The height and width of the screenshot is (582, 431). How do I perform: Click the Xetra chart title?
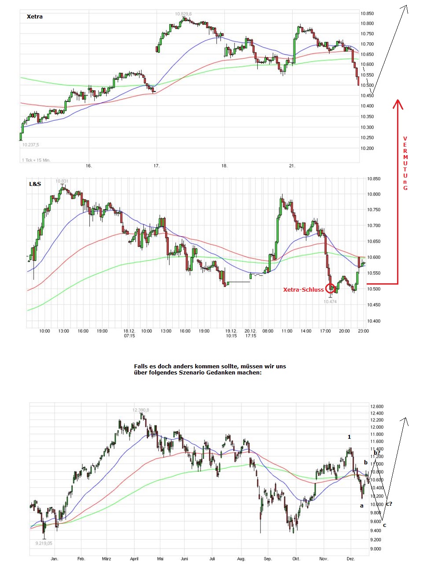(x=35, y=17)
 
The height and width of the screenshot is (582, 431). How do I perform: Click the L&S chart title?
(x=35, y=184)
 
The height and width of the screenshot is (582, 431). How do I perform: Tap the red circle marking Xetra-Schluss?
(x=330, y=289)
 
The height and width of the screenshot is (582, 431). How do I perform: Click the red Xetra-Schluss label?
(x=303, y=289)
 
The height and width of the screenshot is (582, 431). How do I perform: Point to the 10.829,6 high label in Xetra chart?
(x=183, y=14)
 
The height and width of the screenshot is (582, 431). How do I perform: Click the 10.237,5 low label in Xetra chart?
(x=31, y=145)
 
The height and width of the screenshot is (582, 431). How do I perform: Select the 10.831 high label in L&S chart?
(x=62, y=181)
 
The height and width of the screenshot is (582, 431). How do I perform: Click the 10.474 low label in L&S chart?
(x=330, y=302)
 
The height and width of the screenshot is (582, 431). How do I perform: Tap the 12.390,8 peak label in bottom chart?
(x=141, y=410)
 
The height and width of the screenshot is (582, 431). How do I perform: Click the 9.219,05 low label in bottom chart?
(x=44, y=543)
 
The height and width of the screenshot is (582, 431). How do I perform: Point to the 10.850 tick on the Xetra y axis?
(x=367, y=14)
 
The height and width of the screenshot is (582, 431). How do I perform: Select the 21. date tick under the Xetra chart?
(x=292, y=166)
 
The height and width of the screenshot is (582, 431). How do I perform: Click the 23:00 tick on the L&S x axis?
(x=363, y=331)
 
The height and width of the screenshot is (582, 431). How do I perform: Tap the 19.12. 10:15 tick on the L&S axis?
(x=231, y=333)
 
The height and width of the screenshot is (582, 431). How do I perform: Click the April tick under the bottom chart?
(x=134, y=559)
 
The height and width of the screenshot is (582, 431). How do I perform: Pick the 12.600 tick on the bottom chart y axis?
(x=377, y=407)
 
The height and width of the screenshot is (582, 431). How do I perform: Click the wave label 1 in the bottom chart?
(x=349, y=437)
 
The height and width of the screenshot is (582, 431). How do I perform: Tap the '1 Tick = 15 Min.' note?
(x=36, y=160)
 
